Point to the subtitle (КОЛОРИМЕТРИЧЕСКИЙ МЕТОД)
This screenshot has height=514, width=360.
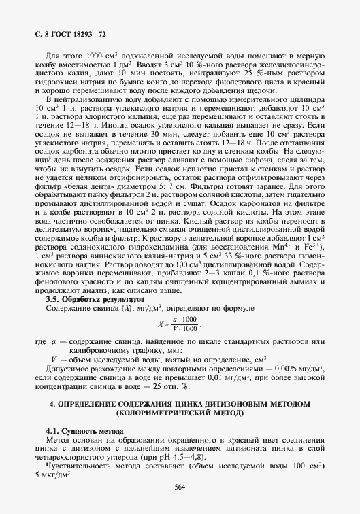tap(180, 413)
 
